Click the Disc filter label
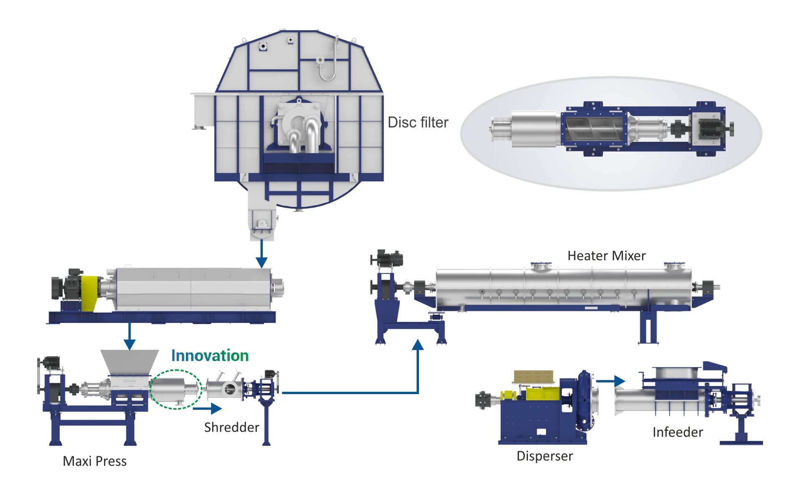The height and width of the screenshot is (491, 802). click(418, 122)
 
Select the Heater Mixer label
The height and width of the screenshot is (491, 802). click(606, 256)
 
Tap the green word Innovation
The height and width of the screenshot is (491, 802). click(210, 356)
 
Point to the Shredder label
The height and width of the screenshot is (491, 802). click(231, 427)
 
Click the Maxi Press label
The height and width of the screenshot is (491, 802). click(94, 461)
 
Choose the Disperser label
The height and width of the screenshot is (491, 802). click(545, 456)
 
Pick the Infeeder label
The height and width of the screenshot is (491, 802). click(678, 432)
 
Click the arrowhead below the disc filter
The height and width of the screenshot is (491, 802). click(261, 262)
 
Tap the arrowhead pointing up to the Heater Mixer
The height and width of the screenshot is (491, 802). click(418, 345)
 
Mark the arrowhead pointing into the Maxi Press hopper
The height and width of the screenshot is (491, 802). click(129, 344)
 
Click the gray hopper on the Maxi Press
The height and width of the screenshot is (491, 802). click(129, 362)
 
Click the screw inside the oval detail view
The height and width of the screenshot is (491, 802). click(593, 129)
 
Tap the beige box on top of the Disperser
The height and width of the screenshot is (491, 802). click(533, 377)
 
